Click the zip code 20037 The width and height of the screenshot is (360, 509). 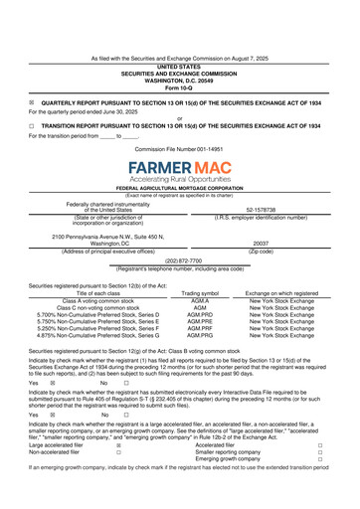point(262,244)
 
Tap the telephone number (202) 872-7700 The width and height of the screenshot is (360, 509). point(180,261)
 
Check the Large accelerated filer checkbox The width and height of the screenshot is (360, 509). point(118,446)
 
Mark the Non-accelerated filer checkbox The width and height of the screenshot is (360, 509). point(118,453)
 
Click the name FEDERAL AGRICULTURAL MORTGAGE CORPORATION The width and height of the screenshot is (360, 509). point(180,188)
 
